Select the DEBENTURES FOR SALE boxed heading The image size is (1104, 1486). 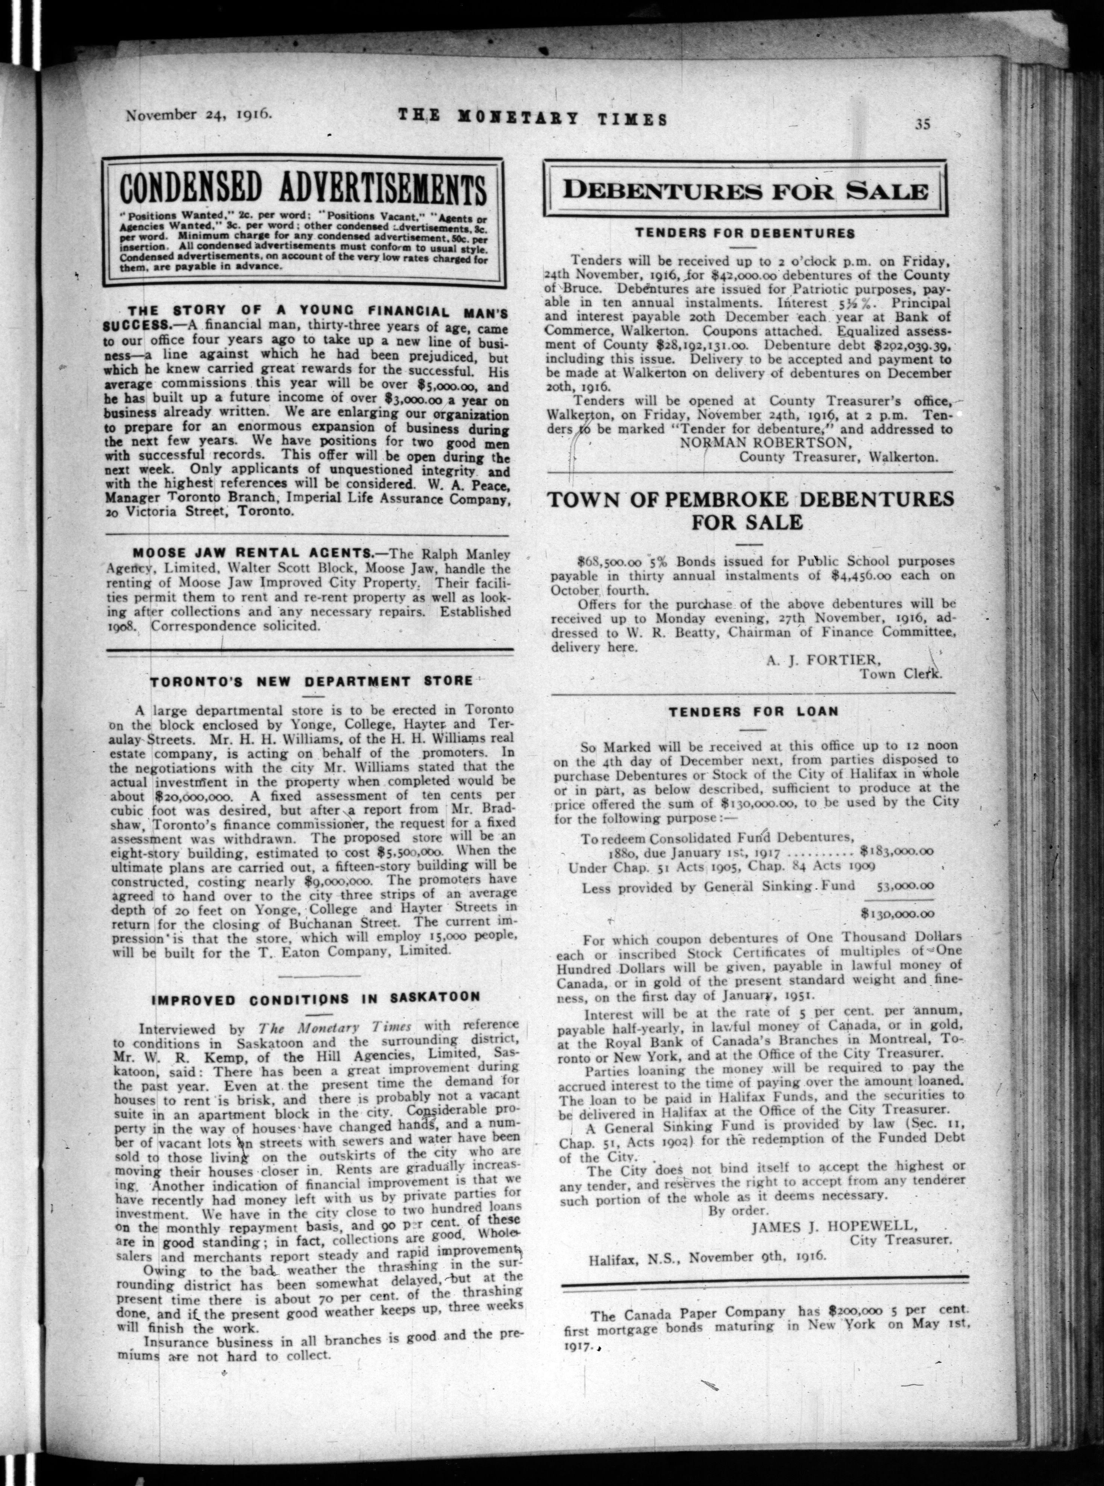pos(745,190)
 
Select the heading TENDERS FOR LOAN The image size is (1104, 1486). pos(753,711)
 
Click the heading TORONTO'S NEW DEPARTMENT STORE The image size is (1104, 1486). pos(310,682)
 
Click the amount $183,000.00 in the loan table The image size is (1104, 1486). pos(897,852)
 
